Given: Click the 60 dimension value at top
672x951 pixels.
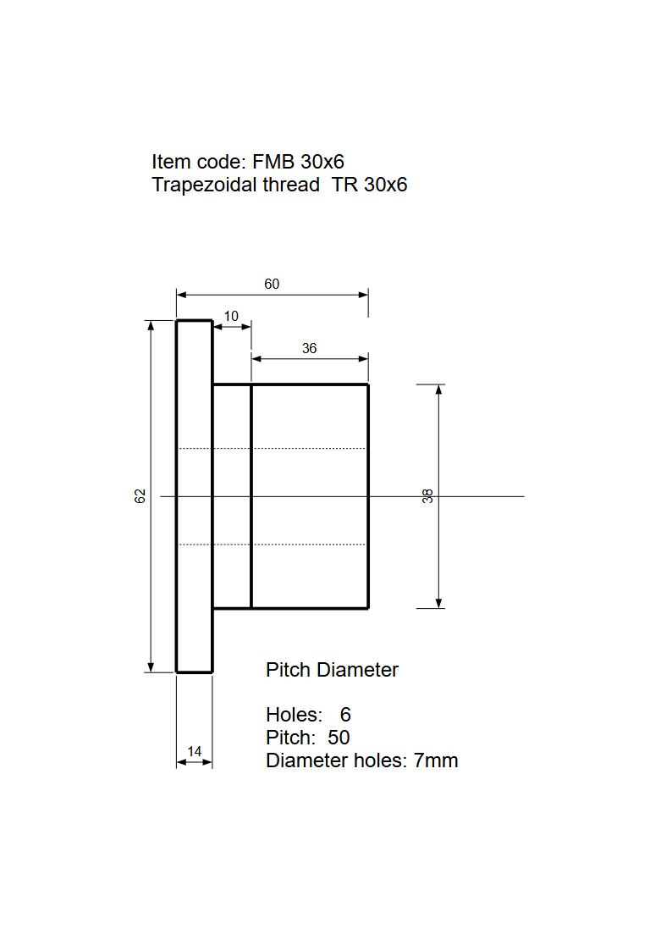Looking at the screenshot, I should pyautogui.click(x=271, y=284).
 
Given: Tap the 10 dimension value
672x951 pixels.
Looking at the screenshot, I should pyautogui.click(x=231, y=316).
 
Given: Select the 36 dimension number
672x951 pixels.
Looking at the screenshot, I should pyautogui.click(x=309, y=348).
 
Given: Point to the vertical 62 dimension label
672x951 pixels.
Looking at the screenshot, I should pyautogui.click(x=140, y=495).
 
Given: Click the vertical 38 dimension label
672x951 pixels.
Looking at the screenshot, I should pyautogui.click(x=428, y=496).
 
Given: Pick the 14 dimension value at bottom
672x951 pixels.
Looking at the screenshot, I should pyautogui.click(x=195, y=751).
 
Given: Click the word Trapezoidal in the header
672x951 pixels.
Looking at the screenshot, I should pyautogui.click(x=199, y=185).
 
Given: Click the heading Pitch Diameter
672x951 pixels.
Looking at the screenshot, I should pyautogui.click(x=332, y=670).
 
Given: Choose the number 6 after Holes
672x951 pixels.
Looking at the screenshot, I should pyautogui.click(x=345, y=715).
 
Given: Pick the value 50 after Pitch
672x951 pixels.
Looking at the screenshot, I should pyautogui.click(x=339, y=738).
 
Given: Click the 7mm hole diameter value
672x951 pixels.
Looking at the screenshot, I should pyautogui.click(x=436, y=760).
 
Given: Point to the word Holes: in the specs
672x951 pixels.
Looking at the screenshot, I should pyautogui.click(x=294, y=715).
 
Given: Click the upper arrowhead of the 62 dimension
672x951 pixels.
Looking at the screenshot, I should pyautogui.click(x=151, y=325).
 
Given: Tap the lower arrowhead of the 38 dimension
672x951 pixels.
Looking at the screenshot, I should pyautogui.click(x=439, y=603).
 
